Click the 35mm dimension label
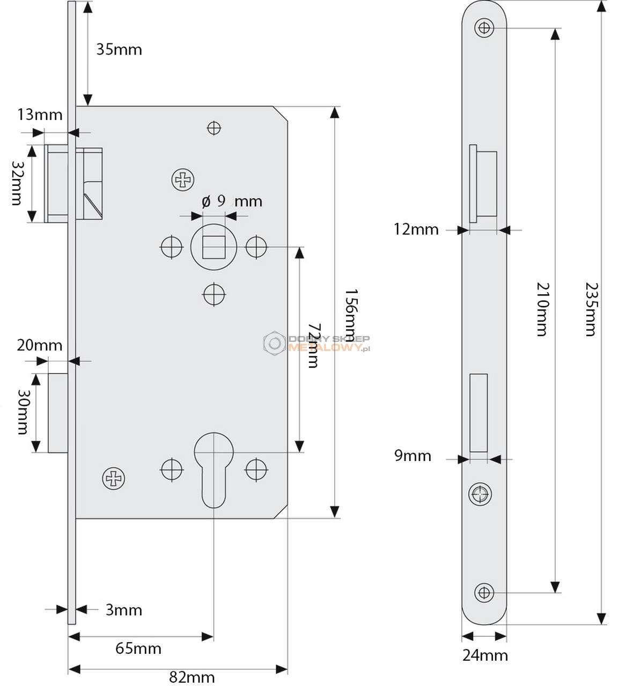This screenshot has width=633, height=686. [119, 50]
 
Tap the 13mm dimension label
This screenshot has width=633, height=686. [40, 115]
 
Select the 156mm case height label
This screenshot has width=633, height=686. [351, 315]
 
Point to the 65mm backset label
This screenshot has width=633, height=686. [138, 648]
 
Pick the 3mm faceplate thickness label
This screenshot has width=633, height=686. [124, 610]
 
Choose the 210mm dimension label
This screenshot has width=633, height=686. [543, 309]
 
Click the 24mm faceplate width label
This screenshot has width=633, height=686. [485, 655]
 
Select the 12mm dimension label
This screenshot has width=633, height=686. [416, 229]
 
